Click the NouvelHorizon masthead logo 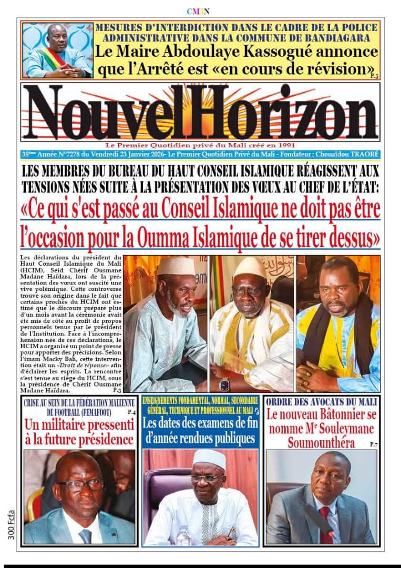tap(200, 113)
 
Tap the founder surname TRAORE tap(363, 154)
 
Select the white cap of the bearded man tap(176, 265)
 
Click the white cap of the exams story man tap(209, 458)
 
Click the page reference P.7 tap(373, 445)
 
